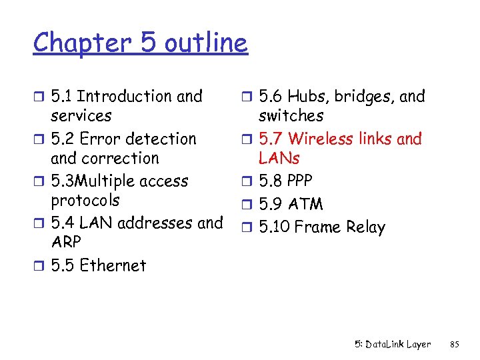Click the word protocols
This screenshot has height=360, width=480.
(x=85, y=201)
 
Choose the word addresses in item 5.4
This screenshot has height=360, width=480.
(x=160, y=223)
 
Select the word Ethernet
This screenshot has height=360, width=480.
(x=113, y=265)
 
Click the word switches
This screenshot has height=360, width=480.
(x=291, y=116)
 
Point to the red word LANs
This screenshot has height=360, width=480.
(x=279, y=159)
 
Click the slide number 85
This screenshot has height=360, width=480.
(x=455, y=345)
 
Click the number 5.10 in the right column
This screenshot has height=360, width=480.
(x=273, y=227)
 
